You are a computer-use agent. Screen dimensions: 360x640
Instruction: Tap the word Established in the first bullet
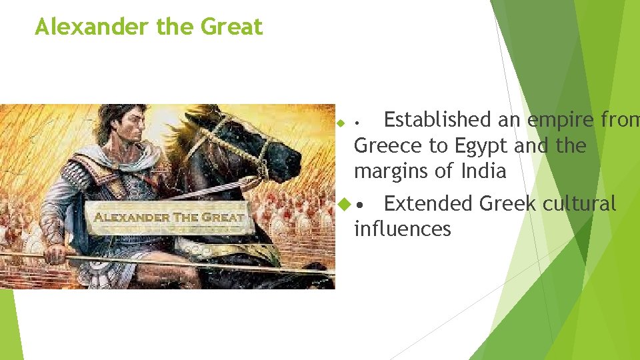tap(437, 120)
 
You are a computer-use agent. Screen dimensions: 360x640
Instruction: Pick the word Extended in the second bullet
tap(429, 203)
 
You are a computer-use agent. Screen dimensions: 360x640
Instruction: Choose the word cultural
tap(579, 203)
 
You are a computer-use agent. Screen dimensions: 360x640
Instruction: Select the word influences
tap(403, 229)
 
